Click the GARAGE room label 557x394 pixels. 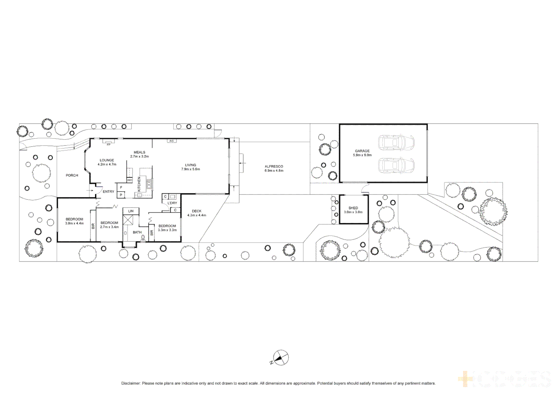point(362,151)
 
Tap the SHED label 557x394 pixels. point(353,208)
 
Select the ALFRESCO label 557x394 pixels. point(274,166)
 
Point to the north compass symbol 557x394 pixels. point(281,358)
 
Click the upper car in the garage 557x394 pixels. point(396,143)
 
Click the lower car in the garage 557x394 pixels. point(396,166)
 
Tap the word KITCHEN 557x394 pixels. point(139,184)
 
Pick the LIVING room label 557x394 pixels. point(190,165)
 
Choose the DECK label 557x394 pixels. point(196,211)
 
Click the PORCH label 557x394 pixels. point(72,175)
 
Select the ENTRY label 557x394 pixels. point(108,192)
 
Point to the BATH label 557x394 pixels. point(137,232)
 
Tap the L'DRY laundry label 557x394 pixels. point(172,203)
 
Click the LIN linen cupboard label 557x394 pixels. point(131,211)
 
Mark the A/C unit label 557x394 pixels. point(171,141)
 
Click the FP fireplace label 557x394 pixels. point(108,145)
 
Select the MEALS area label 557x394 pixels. point(139,152)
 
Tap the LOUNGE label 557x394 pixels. point(107,160)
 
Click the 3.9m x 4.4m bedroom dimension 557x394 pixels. point(74,223)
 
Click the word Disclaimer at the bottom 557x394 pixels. point(131,383)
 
